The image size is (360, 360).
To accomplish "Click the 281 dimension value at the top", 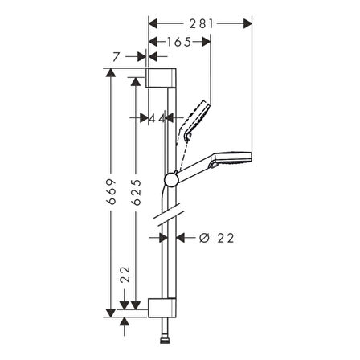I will coord(202,23).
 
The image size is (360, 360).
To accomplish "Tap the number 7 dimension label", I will coord(118,55).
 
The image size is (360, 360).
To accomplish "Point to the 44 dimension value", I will coord(157,117).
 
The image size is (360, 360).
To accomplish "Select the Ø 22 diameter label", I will coord(212,237).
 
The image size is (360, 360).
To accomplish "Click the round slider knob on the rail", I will coord(171,179).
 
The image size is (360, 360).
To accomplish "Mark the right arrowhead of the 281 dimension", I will coord(248,23).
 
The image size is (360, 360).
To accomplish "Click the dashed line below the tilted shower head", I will coord(186,146).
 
